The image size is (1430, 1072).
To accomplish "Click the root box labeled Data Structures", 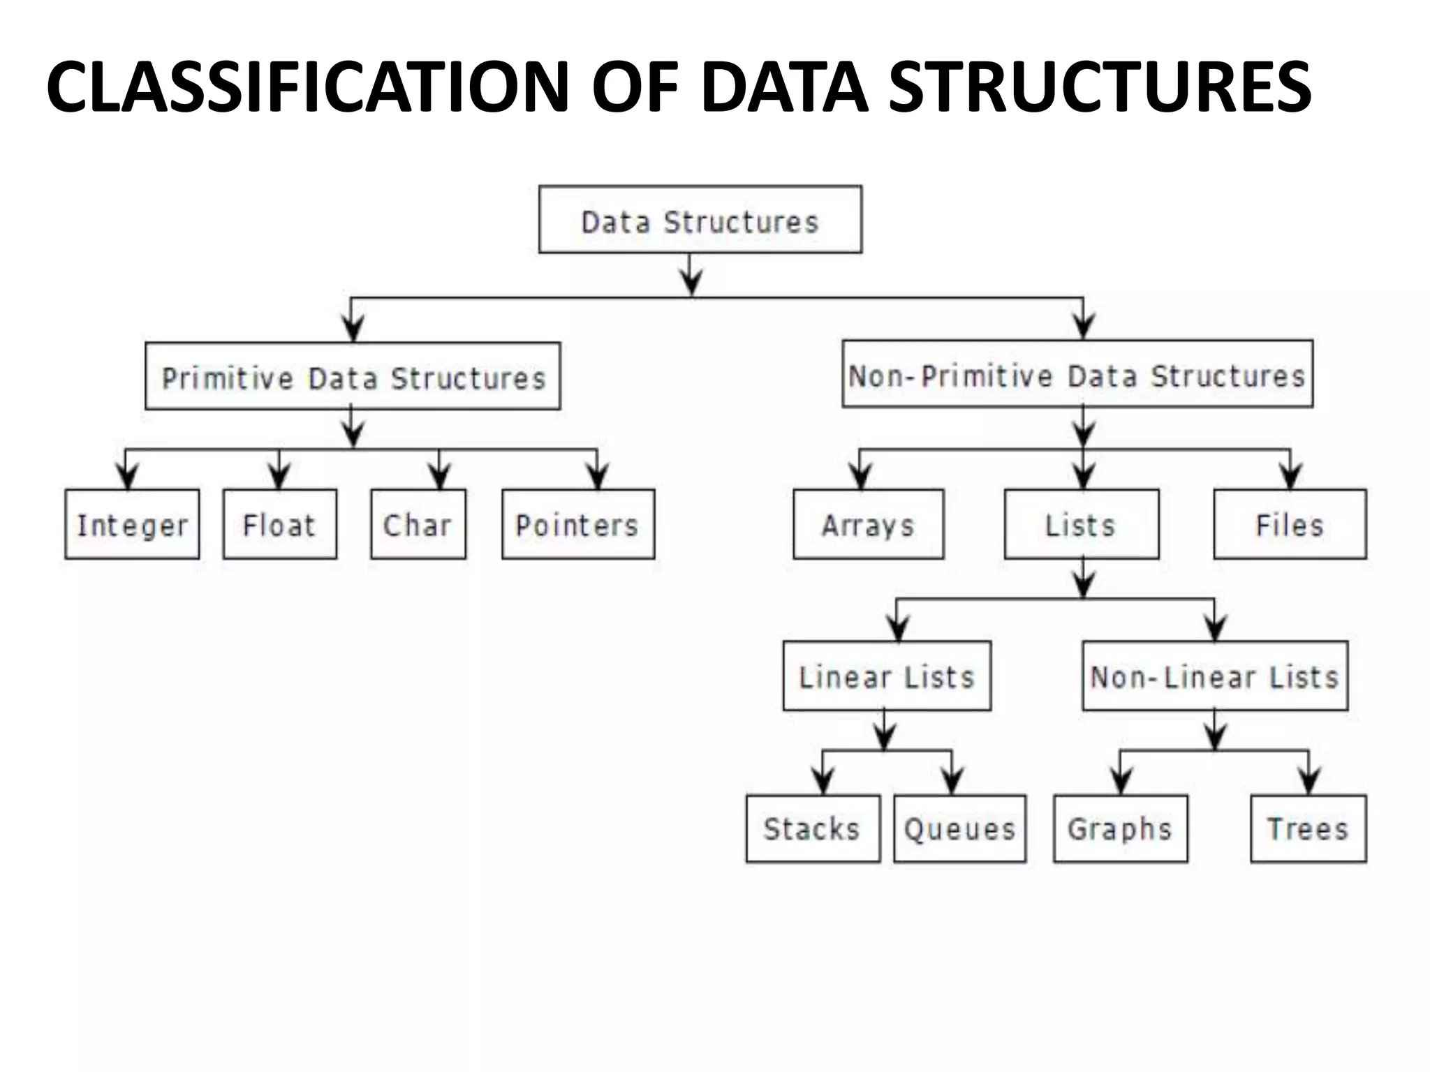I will [700, 219].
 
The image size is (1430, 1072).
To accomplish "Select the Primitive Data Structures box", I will [353, 376].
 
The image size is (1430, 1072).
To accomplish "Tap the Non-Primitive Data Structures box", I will [1077, 374].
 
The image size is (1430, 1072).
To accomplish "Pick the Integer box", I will [132, 524].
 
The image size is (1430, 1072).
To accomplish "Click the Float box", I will [279, 524].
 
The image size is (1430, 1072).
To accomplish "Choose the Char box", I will [418, 524].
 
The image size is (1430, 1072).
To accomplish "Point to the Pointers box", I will [577, 524].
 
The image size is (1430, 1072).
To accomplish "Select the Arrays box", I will [868, 524].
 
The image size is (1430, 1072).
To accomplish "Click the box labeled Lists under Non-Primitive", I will [1081, 524].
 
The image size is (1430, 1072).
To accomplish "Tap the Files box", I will [1290, 524].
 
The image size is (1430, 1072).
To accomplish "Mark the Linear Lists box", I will [887, 676].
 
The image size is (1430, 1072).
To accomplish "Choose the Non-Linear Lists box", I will [1215, 676].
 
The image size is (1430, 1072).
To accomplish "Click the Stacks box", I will [813, 828].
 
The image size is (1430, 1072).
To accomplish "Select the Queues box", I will [959, 828].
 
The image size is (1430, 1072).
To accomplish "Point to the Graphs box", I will [1120, 828].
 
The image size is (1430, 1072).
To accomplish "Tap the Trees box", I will [1308, 828].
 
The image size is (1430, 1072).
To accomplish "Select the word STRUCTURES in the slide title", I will [1100, 87].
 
